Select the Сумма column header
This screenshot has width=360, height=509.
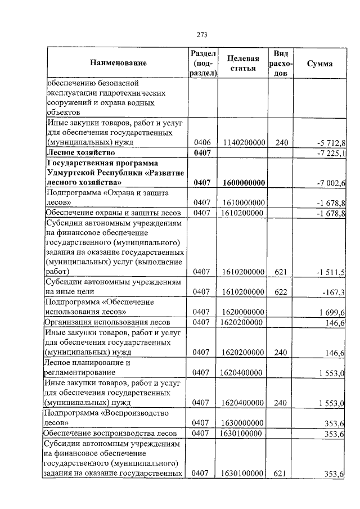(x=319, y=64)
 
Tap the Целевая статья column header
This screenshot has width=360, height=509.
(x=243, y=64)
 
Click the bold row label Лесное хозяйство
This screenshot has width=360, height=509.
(x=81, y=153)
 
